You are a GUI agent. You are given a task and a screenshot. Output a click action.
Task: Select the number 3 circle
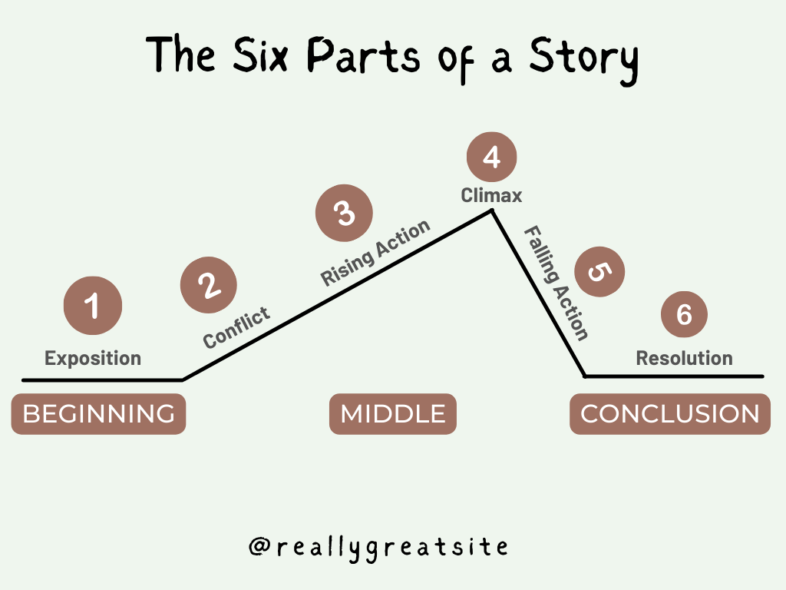(345, 213)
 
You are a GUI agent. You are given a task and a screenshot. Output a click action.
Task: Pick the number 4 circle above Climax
(491, 157)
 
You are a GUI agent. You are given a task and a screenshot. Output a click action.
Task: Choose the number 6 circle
(684, 313)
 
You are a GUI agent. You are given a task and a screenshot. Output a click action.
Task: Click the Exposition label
(93, 358)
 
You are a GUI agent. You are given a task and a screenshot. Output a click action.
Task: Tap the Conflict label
(236, 327)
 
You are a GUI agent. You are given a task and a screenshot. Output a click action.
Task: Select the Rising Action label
(375, 253)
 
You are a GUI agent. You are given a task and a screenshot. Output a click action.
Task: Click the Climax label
(491, 196)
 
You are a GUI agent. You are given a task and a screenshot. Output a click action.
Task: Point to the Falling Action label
(556, 283)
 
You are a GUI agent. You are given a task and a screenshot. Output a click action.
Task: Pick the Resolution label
(684, 358)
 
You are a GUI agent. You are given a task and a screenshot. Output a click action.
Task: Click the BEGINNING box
(98, 414)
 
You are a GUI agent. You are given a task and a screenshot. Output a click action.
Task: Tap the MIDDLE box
(393, 414)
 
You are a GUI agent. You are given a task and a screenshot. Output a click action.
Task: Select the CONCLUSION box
(669, 414)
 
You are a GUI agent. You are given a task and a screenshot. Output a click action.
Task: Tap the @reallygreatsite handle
(378, 547)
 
